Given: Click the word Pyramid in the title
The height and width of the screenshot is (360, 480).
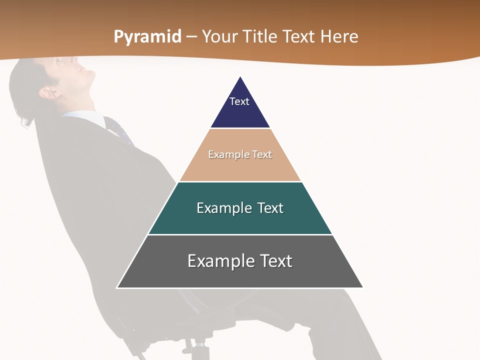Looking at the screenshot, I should [147, 37].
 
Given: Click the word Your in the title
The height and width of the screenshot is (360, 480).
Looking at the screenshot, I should [220, 37].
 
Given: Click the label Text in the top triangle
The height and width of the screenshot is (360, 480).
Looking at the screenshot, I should [239, 101].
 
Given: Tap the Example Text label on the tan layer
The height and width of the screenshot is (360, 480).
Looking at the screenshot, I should [240, 154].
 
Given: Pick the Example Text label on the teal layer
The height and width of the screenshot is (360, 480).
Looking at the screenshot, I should [240, 208].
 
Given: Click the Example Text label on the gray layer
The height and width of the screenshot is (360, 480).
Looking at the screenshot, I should [240, 261].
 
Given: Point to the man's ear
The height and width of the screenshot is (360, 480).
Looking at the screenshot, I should [49, 92].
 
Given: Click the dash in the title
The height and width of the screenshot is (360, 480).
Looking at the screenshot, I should [191, 37].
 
